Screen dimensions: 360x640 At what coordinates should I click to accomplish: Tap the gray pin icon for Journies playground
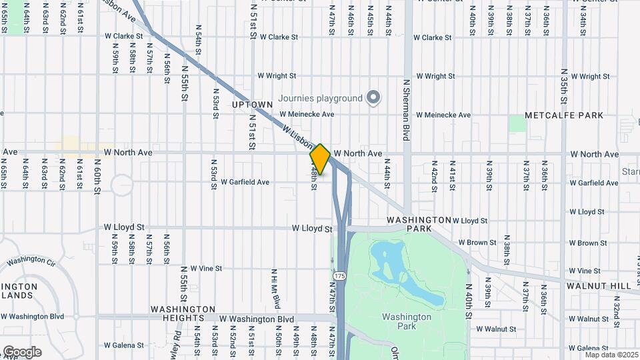(x=374, y=99)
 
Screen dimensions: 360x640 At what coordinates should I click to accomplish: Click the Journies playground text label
(x=320, y=99)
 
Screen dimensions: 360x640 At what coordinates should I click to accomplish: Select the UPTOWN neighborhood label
(x=252, y=105)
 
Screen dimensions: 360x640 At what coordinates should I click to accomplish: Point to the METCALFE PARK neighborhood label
(x=563, y=115)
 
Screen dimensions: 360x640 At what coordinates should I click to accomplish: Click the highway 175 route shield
(x=340, y=275)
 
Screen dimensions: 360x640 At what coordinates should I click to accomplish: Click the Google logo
(x=22, y=352)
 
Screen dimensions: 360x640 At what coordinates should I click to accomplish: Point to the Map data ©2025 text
(x=611, y=355)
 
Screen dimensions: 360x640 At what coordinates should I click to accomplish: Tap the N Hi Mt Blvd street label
(x=275, y=289)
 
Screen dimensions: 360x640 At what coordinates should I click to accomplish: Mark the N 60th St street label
(x=97, y=176)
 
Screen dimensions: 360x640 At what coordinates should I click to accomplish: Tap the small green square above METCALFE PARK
(x=517, y=123)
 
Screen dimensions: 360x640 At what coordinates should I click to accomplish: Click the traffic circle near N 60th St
(x=123, y=185)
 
